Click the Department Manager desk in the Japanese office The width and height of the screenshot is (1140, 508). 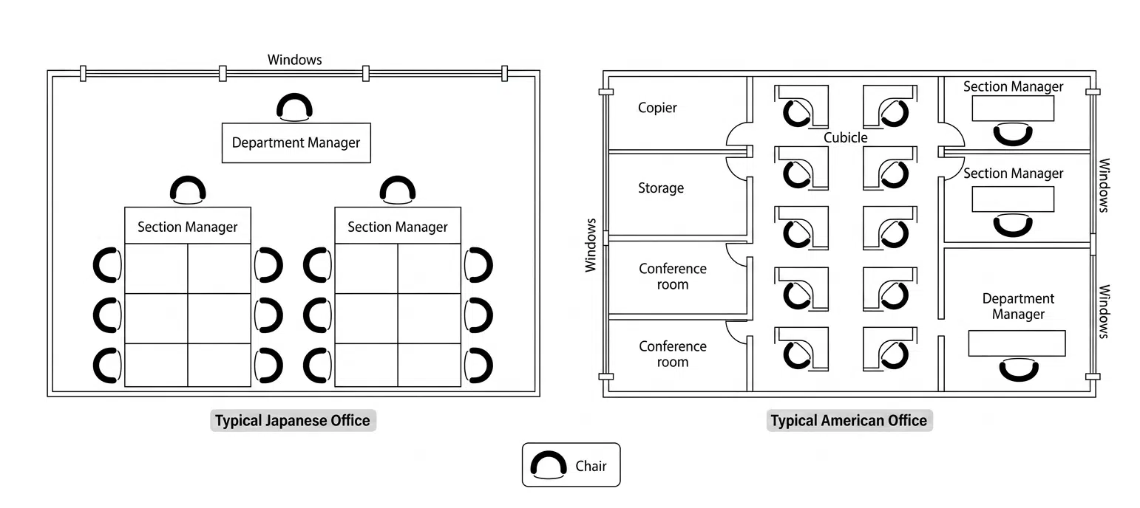pos(296,143)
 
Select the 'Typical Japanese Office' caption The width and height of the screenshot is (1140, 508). pos(293,421)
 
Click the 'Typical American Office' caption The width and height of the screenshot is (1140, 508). pos(849,421)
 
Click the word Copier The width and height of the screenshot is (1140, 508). pos(657,108)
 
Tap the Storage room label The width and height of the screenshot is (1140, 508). pos(661,188)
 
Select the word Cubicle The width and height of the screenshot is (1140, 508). pos(845,138)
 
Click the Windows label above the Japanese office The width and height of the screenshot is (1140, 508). pos(295,60)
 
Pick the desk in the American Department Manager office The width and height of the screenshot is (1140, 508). pos(1017,343)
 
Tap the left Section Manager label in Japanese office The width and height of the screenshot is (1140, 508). pos(187,227)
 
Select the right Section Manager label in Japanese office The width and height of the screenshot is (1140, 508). pos(398,227)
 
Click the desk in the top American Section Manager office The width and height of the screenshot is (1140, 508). pos(1013,109)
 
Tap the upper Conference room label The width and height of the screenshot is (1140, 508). pos(673,276)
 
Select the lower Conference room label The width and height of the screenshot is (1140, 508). pos(673,354)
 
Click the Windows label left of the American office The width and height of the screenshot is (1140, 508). pos(591,245)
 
